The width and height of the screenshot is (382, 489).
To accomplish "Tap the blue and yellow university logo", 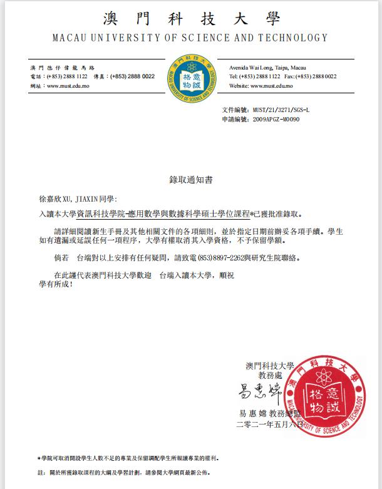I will point(190,80).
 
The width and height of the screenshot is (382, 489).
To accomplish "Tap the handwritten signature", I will point(257,393).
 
